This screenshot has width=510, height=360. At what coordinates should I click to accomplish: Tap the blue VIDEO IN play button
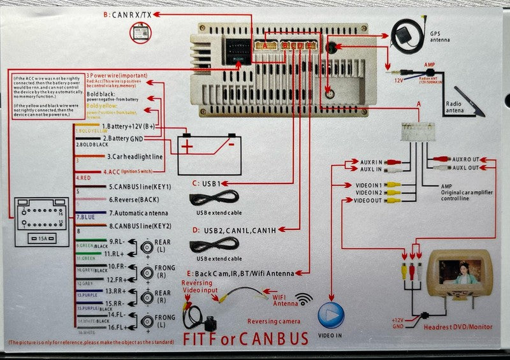coord(331,315)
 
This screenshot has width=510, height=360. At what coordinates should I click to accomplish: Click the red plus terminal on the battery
coord(187,147)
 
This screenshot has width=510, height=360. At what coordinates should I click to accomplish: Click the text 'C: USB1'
coord(206,184)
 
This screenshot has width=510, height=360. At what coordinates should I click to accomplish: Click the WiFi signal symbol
coord(303,298)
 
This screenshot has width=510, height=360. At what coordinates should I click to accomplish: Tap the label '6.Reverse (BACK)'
coord(133,199)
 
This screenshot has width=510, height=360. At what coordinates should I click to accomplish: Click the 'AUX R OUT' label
coord(465,158)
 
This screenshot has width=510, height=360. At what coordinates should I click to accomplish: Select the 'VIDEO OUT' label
coord(368,201)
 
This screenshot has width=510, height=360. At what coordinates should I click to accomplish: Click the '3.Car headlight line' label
coord(135,156)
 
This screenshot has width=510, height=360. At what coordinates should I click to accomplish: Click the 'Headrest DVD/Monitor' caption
coord(458,326)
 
